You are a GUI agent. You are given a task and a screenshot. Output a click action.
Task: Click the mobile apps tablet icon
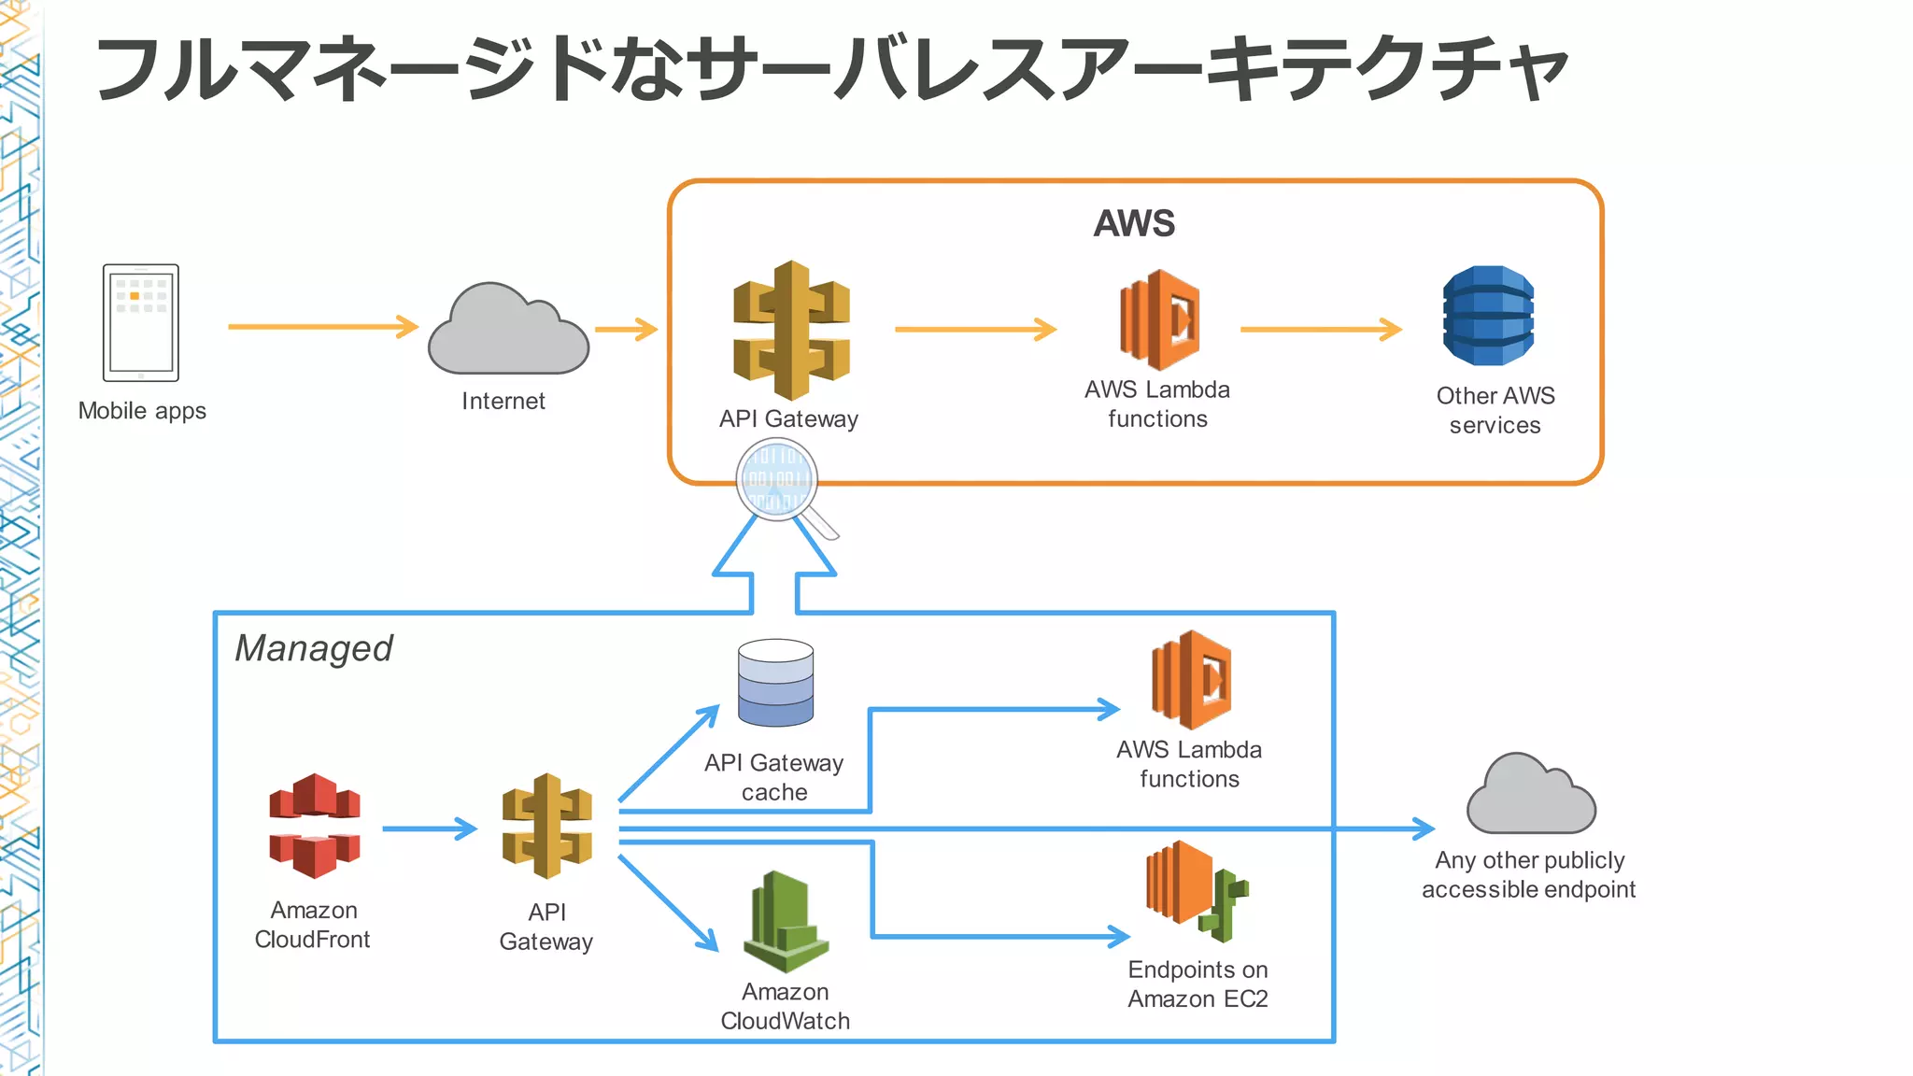click(141, 323)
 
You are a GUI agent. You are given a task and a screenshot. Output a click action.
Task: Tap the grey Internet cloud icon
click(507, 333)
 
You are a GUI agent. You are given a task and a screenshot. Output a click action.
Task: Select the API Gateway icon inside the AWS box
click(791, 331)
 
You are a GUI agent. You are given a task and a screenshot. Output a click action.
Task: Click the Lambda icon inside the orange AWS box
click(1159, 320)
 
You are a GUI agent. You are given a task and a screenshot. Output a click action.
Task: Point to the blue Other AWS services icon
click(1488, 316)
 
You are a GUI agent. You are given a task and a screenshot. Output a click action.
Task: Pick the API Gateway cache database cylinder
click(775, 683)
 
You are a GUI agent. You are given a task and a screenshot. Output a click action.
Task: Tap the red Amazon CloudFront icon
click(315, 826)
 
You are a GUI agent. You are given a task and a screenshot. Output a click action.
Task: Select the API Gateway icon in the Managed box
click(547, 826)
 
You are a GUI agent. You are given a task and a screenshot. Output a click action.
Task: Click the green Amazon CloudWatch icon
click(786, 923)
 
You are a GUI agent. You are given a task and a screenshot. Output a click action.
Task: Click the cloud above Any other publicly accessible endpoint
click(1530, 796)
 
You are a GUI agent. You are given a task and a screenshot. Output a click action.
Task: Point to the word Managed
click(314, 648)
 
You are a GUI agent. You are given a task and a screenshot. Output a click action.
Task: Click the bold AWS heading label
click(1134, 224)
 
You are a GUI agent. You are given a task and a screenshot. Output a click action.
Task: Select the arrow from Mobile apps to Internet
click(322, 327)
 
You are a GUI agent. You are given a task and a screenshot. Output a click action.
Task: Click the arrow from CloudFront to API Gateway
click(429, 828)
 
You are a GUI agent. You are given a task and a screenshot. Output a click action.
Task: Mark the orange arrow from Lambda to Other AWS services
click(1320, 329)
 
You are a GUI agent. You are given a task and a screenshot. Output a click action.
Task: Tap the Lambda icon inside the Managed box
click(1191, 680)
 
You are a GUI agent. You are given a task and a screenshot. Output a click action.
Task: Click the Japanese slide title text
click(831, 70)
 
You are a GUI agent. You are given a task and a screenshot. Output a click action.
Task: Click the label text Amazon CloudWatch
click(785, 1006)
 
